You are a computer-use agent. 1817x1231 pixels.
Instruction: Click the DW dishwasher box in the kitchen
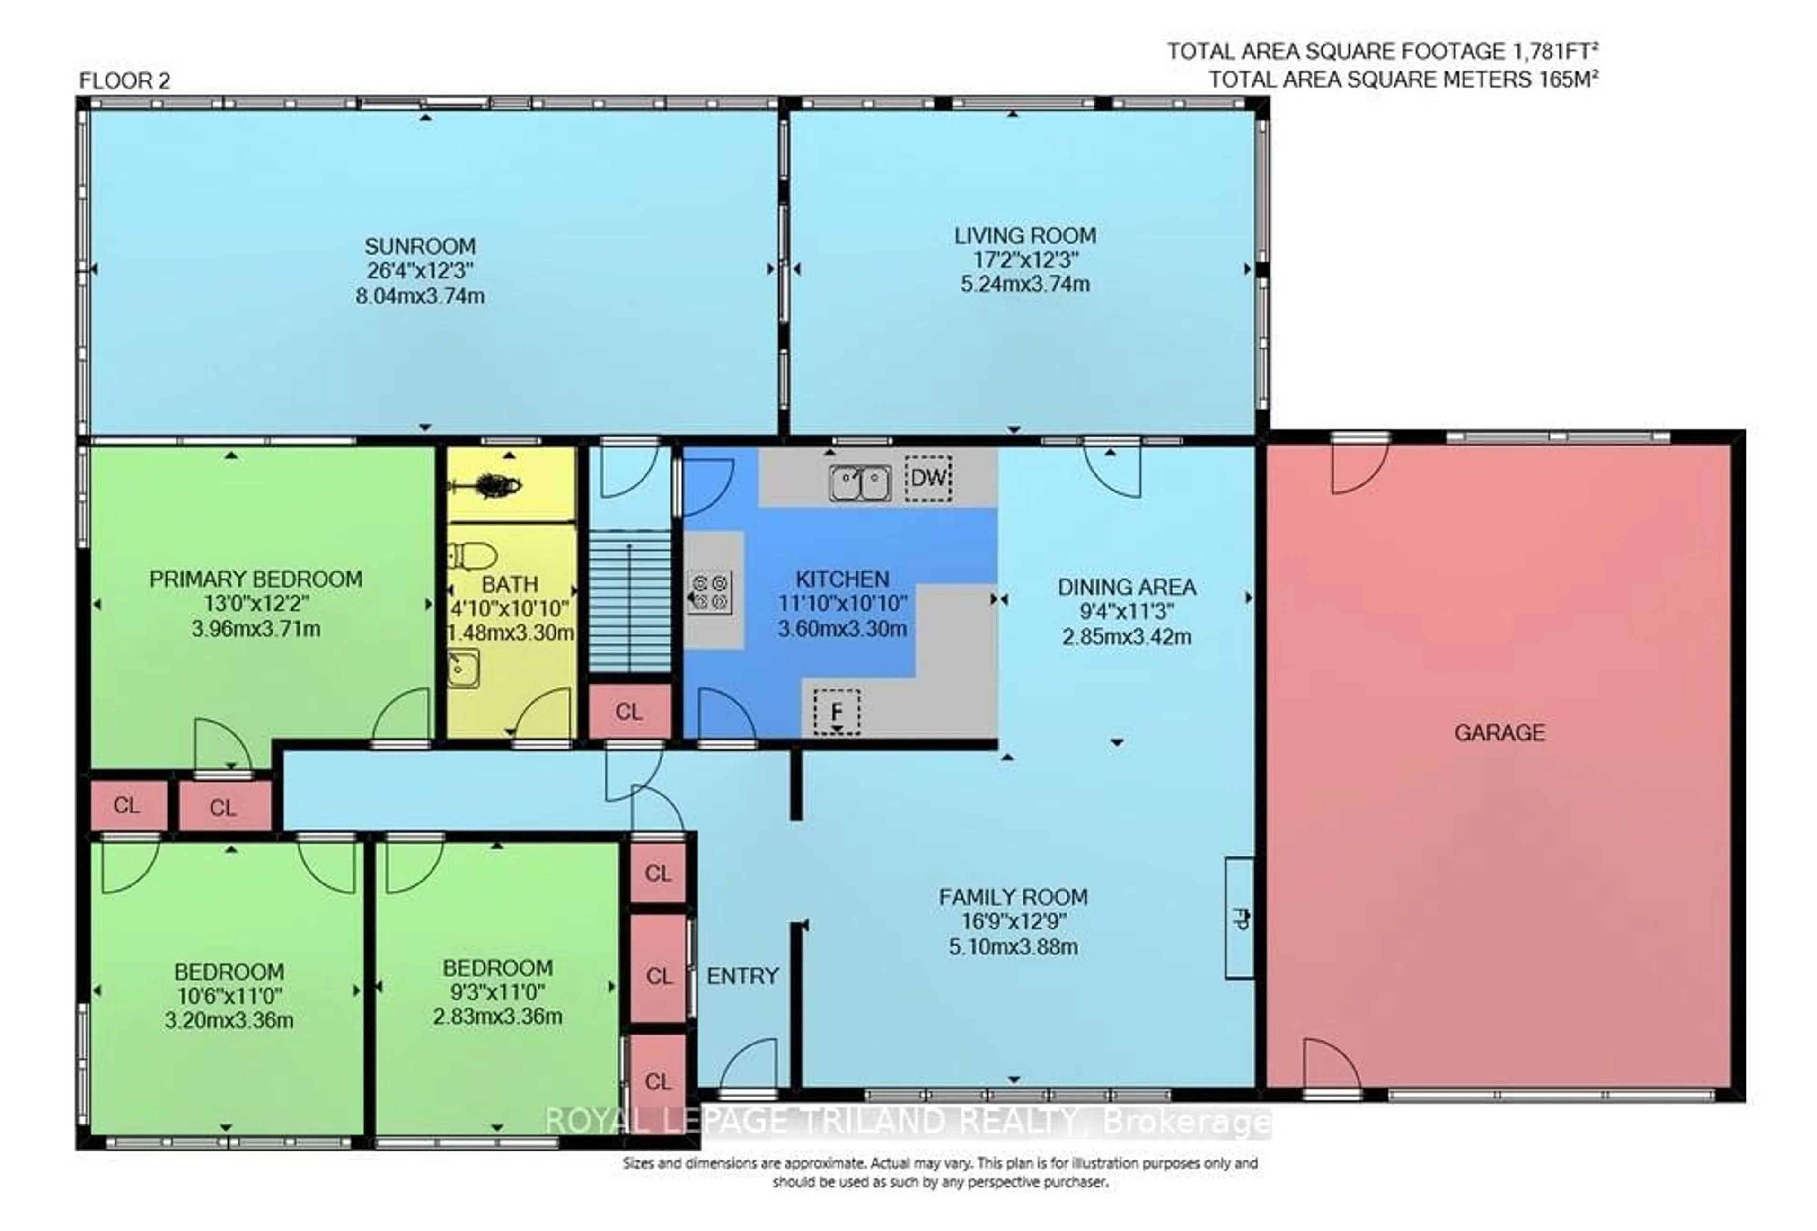point(928,477)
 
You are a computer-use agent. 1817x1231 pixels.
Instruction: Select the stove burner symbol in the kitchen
point(710,591)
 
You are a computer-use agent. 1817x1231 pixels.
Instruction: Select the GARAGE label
point(1499,733)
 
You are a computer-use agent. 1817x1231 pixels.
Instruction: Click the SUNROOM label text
point(420,246)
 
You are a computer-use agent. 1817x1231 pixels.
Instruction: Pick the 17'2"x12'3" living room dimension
point(1024,259)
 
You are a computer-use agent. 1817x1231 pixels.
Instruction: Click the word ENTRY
point(742,976)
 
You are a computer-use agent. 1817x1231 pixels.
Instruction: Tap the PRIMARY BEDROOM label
point(256,580)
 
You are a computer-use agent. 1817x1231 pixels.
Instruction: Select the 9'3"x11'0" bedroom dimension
point(497,992)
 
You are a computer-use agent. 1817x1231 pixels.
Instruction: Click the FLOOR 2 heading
point(124,80)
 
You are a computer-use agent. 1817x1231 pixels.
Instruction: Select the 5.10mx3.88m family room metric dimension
point(1013,947)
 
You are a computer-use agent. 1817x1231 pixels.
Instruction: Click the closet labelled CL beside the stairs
point(628,712)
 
